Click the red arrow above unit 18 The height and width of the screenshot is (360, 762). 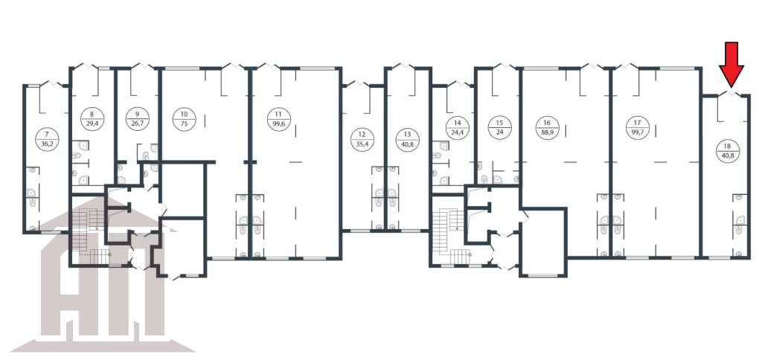click(731, 64)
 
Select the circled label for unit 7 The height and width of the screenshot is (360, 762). click(47, 139)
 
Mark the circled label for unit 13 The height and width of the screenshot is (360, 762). click(407, 139)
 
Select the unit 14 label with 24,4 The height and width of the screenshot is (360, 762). click(458, 128)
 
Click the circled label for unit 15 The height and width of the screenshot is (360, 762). click(500, 128)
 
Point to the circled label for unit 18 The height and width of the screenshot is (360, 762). click(727, 150)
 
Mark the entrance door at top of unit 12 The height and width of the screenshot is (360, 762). click(358, 83)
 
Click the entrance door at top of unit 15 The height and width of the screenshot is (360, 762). click(504, 66)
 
